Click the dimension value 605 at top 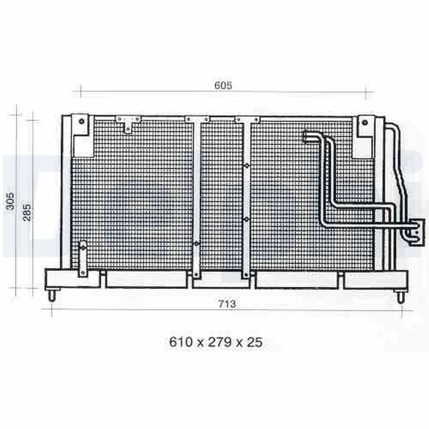pos(223,85)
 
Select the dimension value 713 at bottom pos(227,304)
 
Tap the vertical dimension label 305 pos(10,202)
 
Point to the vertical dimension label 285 pos(27,212)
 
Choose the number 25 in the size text pos(255,342)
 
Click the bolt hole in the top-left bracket pos(82,121)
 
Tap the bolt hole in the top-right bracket pos(365,122)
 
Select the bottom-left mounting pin pos(52,295)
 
